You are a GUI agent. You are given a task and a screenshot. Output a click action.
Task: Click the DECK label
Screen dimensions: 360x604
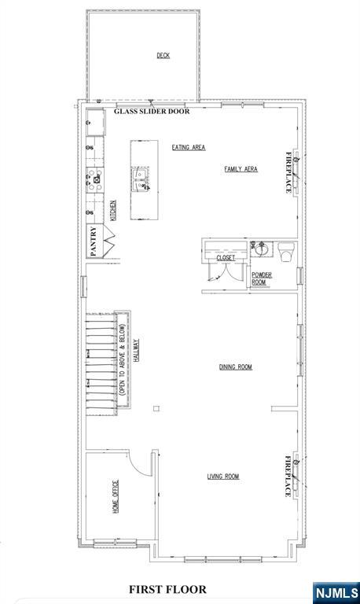point(163,56)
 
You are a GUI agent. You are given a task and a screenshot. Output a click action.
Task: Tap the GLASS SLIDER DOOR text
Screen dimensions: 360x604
point(152,112)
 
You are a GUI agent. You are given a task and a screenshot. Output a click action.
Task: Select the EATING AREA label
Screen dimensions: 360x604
point(189,147)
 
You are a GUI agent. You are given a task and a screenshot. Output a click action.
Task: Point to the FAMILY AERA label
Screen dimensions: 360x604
point(241,169)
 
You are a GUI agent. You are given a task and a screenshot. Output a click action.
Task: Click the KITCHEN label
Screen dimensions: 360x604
point(113,210)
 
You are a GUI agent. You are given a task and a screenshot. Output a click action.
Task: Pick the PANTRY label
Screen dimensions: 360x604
point(94,241)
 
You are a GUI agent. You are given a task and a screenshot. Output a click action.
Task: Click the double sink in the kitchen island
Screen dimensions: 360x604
point(141,179)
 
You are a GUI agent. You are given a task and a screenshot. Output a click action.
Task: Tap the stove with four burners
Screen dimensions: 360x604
point(95,179)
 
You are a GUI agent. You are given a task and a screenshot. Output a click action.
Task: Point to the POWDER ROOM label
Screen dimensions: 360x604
point(262,278)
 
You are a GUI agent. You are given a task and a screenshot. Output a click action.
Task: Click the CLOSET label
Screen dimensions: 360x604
point(226,258)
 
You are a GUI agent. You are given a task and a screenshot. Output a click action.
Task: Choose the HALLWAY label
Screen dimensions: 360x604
point(136,350)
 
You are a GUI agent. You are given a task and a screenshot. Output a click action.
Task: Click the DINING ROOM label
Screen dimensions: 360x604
point(236,366)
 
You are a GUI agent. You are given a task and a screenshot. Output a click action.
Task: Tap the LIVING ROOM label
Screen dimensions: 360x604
point(223,477)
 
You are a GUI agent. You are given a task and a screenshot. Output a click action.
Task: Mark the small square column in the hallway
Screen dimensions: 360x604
point(156,409)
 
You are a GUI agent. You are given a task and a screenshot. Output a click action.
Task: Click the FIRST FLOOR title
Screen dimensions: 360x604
point(167,589)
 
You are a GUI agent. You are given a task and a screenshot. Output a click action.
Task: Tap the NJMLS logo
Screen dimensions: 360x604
point(336,592)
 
